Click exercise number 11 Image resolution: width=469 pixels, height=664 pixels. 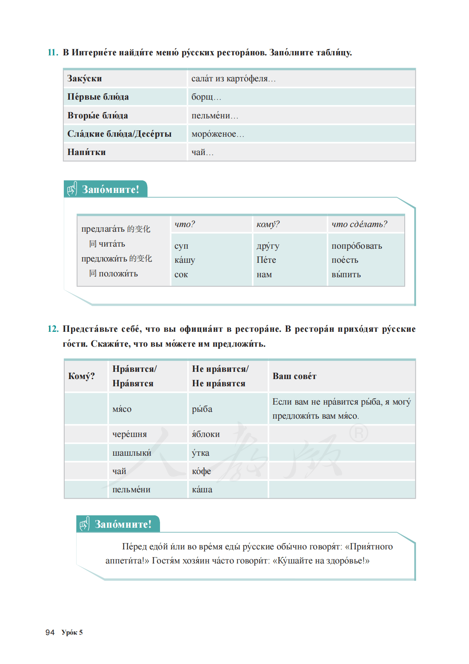click(52, 53)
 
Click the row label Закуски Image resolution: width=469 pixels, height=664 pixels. click(85, 79)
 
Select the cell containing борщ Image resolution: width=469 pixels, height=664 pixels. click(206, 97)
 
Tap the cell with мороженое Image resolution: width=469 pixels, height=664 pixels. click(217, 134)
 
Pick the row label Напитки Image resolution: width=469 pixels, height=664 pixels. click(86, 152)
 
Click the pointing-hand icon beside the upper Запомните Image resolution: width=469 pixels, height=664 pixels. click(71, 189)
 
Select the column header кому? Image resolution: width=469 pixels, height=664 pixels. click(268, 224)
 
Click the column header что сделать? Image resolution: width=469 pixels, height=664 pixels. click(359, 224)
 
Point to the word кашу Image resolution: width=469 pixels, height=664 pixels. click(185, 260)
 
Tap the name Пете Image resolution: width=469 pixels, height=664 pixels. click(266, 260)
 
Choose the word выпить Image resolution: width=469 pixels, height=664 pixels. click(346, 275)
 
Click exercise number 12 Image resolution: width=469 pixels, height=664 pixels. click(53, 329)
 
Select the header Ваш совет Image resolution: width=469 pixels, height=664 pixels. click(294, 377)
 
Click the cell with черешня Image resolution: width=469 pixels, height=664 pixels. click(129, 434)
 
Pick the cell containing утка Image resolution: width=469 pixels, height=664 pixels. click(200, 453)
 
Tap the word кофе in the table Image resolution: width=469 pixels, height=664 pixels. click(201, 471)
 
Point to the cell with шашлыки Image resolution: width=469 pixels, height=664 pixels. click(132, 453)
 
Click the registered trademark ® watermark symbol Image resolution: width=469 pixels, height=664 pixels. click(358, 434)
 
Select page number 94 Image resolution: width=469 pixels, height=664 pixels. click(50, 632)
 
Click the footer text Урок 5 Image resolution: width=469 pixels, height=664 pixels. click(72, 632)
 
